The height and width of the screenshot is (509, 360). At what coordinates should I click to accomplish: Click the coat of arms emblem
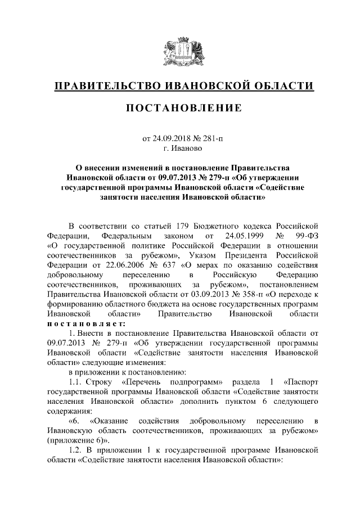179,52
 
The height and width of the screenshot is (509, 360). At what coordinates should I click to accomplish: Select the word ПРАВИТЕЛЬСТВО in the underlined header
105,85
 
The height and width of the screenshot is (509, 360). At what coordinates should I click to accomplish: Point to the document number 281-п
217,137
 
